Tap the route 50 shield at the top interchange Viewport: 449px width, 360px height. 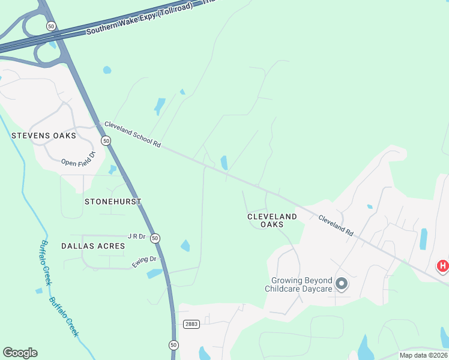(51, 26)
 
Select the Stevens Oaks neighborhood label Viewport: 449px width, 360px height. (44, 136)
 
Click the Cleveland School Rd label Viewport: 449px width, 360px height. (133, 135)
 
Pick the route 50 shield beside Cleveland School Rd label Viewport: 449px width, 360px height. (106, 140)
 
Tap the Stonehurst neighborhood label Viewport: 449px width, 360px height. (113, 202)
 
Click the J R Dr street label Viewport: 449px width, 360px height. (137, 236)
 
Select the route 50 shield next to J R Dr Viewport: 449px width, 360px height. (155, 238)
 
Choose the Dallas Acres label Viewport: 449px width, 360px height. (93, 246)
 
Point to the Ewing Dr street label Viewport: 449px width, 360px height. (145, 259)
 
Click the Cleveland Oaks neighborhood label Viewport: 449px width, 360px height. (272, 220)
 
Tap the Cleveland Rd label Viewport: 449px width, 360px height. (336, 224)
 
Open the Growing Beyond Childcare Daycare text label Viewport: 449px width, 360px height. (301, 284)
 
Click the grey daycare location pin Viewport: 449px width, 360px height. (342, 283)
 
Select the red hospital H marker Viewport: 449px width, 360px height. (442, 266)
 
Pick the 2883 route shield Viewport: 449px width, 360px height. (191, 324)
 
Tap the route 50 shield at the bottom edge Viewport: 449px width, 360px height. (173, 345)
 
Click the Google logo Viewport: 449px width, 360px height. (20, 353)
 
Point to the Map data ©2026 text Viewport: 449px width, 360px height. (423, 355)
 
